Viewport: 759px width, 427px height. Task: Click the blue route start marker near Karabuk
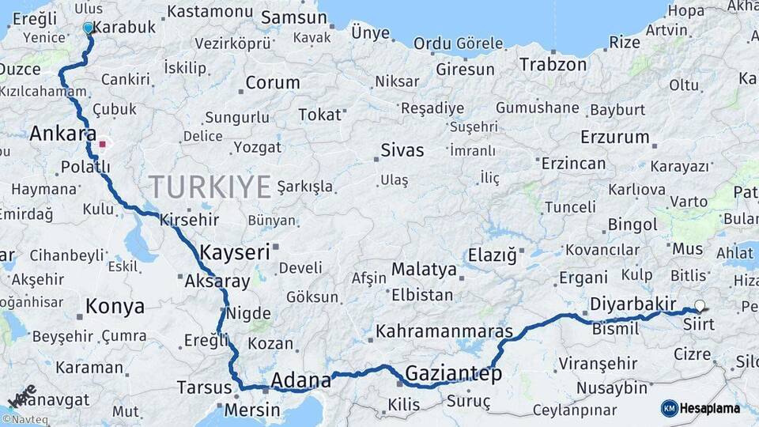point(88,28)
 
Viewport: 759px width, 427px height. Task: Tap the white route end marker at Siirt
point(699,305)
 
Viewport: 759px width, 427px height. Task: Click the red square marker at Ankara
point(102,145)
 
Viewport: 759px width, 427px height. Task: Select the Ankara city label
point(62,134)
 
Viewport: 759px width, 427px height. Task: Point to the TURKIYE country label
point(210,187)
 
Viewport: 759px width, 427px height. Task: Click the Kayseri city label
point(235,252)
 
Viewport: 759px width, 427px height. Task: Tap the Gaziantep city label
point(453,373)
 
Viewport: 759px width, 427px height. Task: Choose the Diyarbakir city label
point(632,304)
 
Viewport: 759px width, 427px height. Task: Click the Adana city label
point(300,381)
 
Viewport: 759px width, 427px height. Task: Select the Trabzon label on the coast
point(553,65)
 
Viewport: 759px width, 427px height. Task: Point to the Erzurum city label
point(614,137)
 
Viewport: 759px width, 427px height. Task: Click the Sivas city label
point(402,149)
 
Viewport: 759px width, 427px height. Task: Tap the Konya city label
point(115,306)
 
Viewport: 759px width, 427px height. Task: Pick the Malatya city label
point(424,269)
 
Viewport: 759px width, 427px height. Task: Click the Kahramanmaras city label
point(444,331)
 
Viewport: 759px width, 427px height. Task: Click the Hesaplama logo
point(700,408)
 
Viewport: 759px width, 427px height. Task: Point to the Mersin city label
point(252,410)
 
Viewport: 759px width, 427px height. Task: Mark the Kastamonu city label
point(210,11)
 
